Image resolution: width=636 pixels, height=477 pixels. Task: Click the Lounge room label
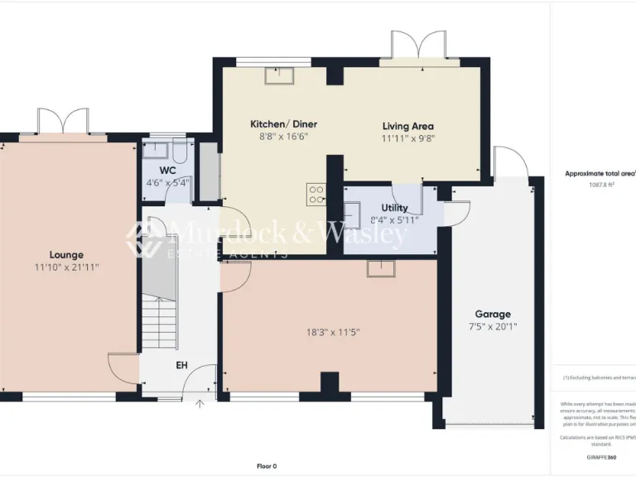[x=66, y=255]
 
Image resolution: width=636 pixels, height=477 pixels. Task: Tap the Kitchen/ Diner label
[x=283, y=124]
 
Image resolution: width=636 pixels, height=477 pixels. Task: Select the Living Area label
[x=407, y=127]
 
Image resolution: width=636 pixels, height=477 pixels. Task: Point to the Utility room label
[x=394, y=208]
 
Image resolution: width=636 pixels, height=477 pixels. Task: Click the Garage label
[x=492, y=315]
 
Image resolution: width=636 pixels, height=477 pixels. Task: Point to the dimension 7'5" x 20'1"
[x=492, y=326]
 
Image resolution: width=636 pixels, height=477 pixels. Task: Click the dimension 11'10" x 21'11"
[x=66, y=267]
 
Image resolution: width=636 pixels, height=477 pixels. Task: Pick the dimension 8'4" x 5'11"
[x=394, y=219]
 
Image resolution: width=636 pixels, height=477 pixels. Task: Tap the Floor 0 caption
[x=267, y=465]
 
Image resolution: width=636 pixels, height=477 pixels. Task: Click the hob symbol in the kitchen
[x=316, y=194]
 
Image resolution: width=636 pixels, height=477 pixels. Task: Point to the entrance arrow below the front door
[x=199, y=405]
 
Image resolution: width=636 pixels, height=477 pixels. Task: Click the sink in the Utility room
[x=350, y=214]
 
